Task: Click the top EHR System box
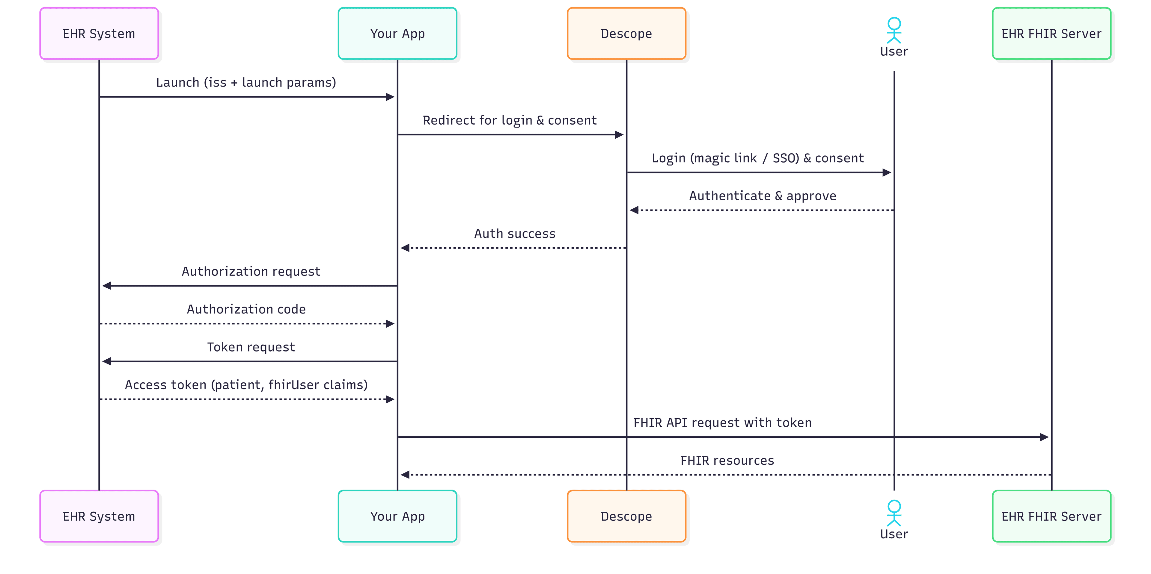[99, 34]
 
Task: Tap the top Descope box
[626, 34]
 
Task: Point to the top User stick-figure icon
[894, 30]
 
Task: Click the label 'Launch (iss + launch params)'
[246, 83]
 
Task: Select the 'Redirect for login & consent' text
[509, 120]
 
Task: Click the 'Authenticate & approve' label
[762, 196]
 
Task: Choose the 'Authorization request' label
[251, 271]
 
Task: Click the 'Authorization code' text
[246, 309]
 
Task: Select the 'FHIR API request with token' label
[722, 423]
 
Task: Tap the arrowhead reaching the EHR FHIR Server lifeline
[1044, 437]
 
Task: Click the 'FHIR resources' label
[727, 461]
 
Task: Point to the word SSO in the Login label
[785, 158]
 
